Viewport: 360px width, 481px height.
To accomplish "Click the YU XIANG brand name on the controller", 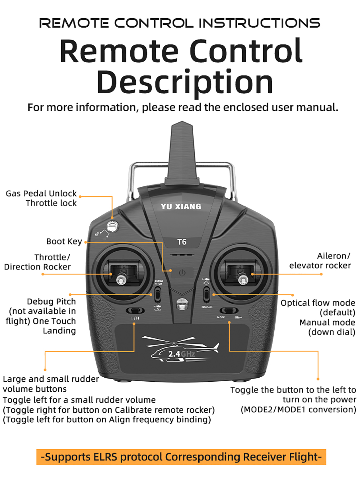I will point(181,207).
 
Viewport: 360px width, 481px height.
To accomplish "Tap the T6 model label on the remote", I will point(182,242).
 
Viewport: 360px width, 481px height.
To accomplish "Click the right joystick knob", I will point(243,278).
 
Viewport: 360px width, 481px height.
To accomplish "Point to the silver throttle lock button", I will point(113,226).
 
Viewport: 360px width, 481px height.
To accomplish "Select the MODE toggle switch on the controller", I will point(229,310).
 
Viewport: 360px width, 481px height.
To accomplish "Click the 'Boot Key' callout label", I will point(64,242).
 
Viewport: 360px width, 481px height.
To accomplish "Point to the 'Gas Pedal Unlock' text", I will point(41,194).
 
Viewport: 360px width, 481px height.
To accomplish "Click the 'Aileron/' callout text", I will point(333,256).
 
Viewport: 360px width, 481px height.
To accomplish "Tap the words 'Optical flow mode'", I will point(318,303).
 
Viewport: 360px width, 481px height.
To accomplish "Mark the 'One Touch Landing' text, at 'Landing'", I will point(59,331).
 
